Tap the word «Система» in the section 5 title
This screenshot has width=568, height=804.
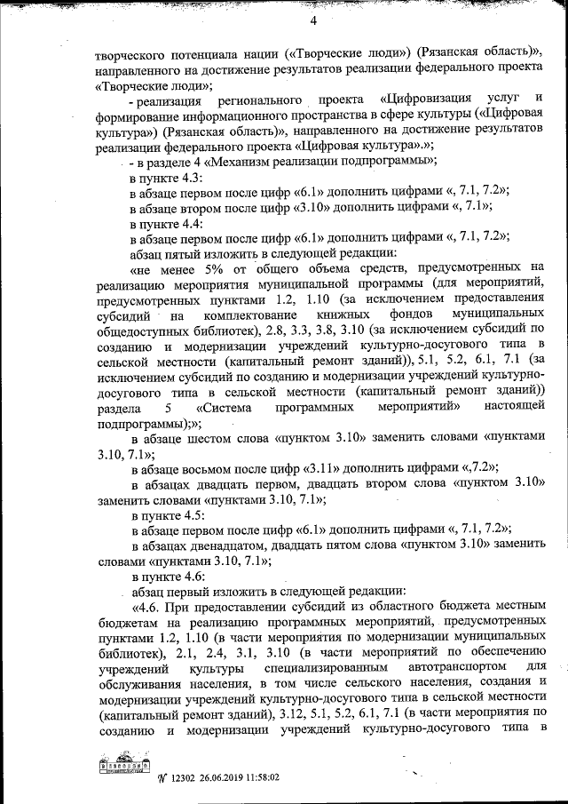[225, 407]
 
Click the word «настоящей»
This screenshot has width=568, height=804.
[514, 407]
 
